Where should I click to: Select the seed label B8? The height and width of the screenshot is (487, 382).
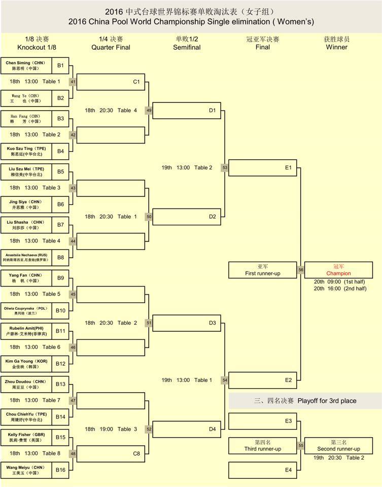click(60, 257)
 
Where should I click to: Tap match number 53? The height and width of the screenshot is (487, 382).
click(224, 168)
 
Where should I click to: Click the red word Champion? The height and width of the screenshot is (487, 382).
click(338, 273)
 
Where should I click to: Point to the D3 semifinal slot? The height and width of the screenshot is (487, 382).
click(186, 323)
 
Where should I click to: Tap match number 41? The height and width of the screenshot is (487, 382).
click(73, 82)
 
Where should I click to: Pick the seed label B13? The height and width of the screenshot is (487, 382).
click(60, 384)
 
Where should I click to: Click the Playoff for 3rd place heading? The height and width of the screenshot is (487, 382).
click(305, 401)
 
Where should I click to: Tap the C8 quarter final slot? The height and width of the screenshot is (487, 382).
click(111, 454)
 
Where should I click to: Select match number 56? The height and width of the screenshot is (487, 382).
click(300, 270)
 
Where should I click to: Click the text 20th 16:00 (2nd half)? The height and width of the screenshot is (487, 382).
click(340, 289)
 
